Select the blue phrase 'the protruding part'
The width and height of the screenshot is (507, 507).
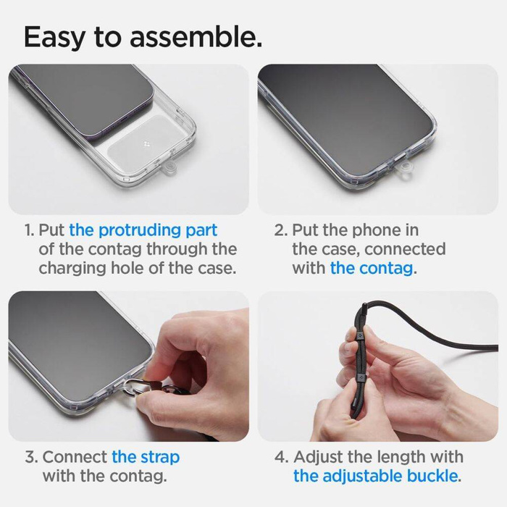[x=143, y=230]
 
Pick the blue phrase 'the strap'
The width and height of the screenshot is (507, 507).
[x=146, y=457]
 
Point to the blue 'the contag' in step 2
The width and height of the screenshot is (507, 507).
[x=372, y=268]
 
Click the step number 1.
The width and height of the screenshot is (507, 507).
[x=28, y=230]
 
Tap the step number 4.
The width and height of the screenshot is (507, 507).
[x=282, y=457]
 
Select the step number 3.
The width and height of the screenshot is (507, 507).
[x=30, y=457]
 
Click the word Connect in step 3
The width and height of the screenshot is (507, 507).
[x=75, y=457]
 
